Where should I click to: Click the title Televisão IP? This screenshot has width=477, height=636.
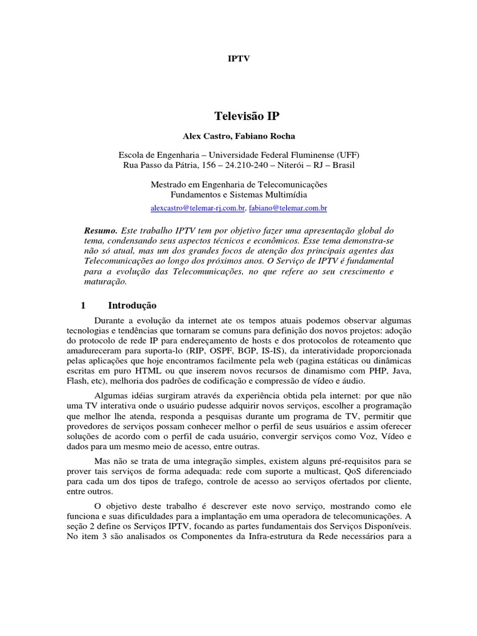(239, 116)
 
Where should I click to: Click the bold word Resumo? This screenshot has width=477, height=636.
(100, 229)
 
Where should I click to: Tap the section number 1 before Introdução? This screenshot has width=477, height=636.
(83, 305)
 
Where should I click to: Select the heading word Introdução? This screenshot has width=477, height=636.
(132, 305)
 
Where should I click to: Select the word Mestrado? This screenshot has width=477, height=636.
(171, 184)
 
